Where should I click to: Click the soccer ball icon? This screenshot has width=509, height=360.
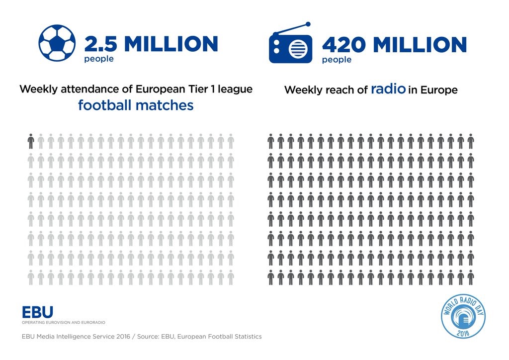(x=57, y=43)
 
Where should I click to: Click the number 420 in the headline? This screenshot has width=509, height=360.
(x=343, y=45)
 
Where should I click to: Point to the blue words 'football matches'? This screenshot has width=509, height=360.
(x=136, y=106)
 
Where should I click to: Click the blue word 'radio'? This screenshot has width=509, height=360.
(x=388, y=90)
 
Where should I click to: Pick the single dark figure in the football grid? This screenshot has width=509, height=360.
(x=31, y=142)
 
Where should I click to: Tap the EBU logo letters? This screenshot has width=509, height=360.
(x=37, y=313)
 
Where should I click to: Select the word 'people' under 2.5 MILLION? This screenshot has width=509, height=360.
(x=98, y=59)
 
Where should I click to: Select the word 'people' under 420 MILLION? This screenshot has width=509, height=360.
(x=337, y=60)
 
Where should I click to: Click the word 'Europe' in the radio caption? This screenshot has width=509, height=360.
(x=439, y=90)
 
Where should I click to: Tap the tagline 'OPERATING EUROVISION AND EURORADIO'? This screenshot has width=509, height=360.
(x=63, y=322)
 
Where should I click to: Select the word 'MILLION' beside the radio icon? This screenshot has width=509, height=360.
(x=420, y=45)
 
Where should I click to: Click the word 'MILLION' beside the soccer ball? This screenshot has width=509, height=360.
(x=171, y=44)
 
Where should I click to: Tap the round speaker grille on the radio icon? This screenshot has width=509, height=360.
(x=298, y=50)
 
